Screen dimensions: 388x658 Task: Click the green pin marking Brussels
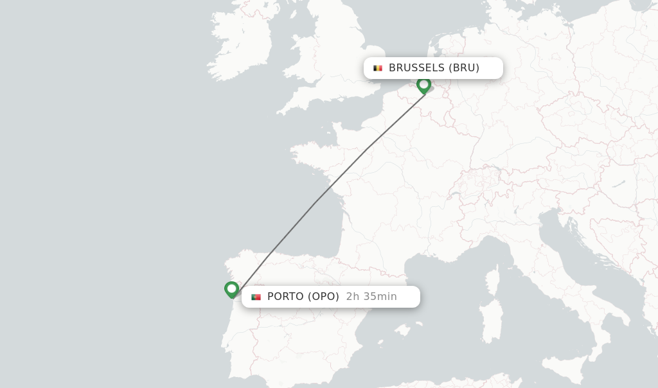point(423,85)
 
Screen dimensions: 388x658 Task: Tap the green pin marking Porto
point(232,289)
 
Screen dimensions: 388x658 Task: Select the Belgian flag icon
point(378,68)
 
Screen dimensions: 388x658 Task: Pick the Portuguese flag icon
point(256,297)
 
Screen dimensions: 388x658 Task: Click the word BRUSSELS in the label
point(416,68)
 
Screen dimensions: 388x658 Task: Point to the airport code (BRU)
point(464,68)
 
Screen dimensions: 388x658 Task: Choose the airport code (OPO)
point(323,297)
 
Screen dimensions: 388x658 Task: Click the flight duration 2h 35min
point(371,297)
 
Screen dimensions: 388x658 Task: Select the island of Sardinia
point(492,321)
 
